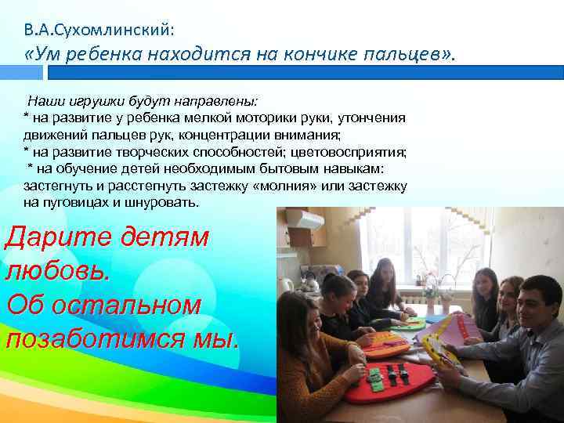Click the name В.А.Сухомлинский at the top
(99, 31)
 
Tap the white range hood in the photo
(305, 220)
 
